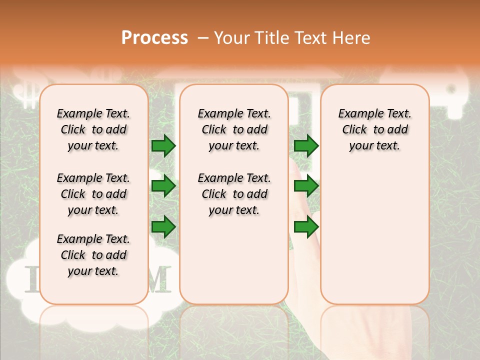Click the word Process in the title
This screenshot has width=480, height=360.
154,38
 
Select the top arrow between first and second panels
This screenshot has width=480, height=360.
163,145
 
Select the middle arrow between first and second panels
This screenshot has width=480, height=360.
163,186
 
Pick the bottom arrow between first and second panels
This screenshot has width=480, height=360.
163,226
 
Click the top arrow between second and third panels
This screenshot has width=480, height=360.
306,145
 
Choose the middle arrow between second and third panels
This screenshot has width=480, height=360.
306,186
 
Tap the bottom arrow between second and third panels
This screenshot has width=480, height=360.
306,226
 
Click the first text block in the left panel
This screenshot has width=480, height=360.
93,129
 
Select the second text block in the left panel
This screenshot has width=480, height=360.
93,194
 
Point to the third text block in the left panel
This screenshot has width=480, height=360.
93,255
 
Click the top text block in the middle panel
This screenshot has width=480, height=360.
234,129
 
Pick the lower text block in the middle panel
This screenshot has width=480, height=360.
234,194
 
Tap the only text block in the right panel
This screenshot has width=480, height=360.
374,129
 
